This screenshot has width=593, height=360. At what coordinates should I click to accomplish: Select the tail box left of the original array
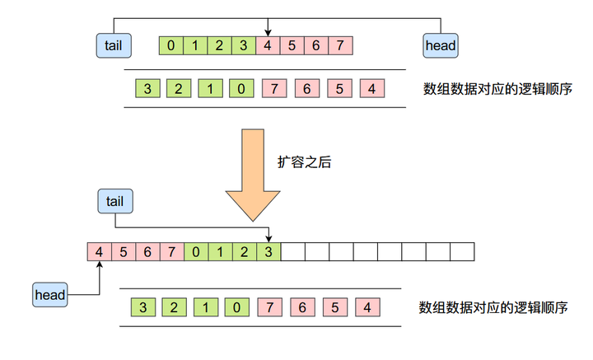click(114, 45)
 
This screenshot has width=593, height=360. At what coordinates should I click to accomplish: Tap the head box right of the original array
click(441, 45)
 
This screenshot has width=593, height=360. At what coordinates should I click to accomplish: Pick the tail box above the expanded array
click(115, 200)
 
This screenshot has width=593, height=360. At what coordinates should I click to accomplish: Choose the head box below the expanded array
click(49, 294)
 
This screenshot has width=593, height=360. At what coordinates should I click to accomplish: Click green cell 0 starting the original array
click(170, 45)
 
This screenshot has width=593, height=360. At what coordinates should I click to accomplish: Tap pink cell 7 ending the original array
click(340, 45)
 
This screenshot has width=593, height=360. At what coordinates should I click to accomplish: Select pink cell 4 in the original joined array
click(268, 45)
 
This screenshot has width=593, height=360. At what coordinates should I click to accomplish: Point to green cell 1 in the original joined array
click(195, 45)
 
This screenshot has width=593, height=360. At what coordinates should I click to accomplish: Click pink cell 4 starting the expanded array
click(99, 250)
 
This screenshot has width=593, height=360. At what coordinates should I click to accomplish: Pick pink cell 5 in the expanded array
click(124, 250)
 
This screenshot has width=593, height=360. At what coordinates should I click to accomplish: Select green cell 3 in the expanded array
click(268, 250)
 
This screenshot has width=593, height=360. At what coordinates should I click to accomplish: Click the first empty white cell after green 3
click(293, 250)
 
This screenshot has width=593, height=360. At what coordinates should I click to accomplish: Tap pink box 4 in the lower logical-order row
click(365, 308)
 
